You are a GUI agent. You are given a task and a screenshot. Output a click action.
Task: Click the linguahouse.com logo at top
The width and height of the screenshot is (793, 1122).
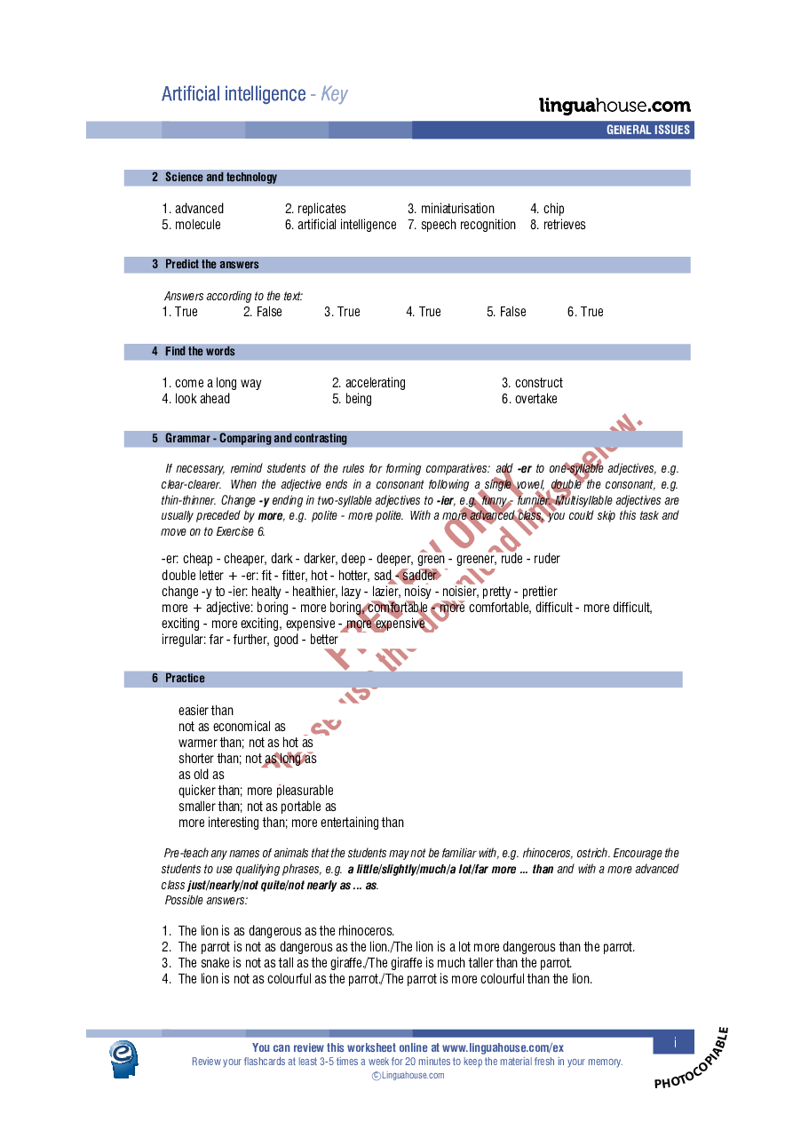615,106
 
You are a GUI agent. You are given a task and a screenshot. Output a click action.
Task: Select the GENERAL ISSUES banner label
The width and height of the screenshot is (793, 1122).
647,131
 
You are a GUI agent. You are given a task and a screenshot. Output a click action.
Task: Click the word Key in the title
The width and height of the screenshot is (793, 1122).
334,94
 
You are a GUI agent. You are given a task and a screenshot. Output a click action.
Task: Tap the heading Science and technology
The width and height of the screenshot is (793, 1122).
220,178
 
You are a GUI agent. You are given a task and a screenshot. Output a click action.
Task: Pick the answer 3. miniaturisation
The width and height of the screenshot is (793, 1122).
450,209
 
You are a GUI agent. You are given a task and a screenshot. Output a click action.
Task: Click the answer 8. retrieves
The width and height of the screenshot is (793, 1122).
558,225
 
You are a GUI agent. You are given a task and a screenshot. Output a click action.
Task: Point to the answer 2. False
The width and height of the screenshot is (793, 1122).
262,312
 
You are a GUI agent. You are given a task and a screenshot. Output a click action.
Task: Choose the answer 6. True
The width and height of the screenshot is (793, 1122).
585,312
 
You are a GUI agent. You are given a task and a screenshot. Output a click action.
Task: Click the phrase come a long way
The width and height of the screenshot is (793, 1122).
211,383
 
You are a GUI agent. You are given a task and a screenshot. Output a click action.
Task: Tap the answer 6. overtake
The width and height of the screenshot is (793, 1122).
529,399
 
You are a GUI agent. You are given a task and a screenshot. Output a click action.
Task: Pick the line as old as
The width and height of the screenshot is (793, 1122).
202,775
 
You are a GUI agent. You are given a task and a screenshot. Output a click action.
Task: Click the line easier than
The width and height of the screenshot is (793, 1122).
206,711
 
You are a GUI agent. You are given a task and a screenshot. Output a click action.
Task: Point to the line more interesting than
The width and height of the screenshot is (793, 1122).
290,823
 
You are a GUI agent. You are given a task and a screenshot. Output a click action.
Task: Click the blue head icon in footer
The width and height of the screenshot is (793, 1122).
124,1058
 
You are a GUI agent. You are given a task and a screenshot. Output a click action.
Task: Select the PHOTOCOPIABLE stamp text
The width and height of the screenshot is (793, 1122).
692,1058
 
